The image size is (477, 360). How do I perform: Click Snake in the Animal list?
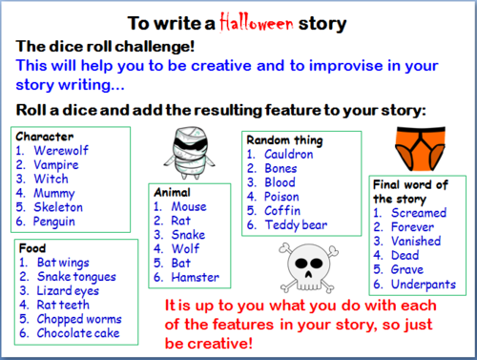tap(189, 234)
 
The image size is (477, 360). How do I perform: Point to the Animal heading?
tap(172, 191)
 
